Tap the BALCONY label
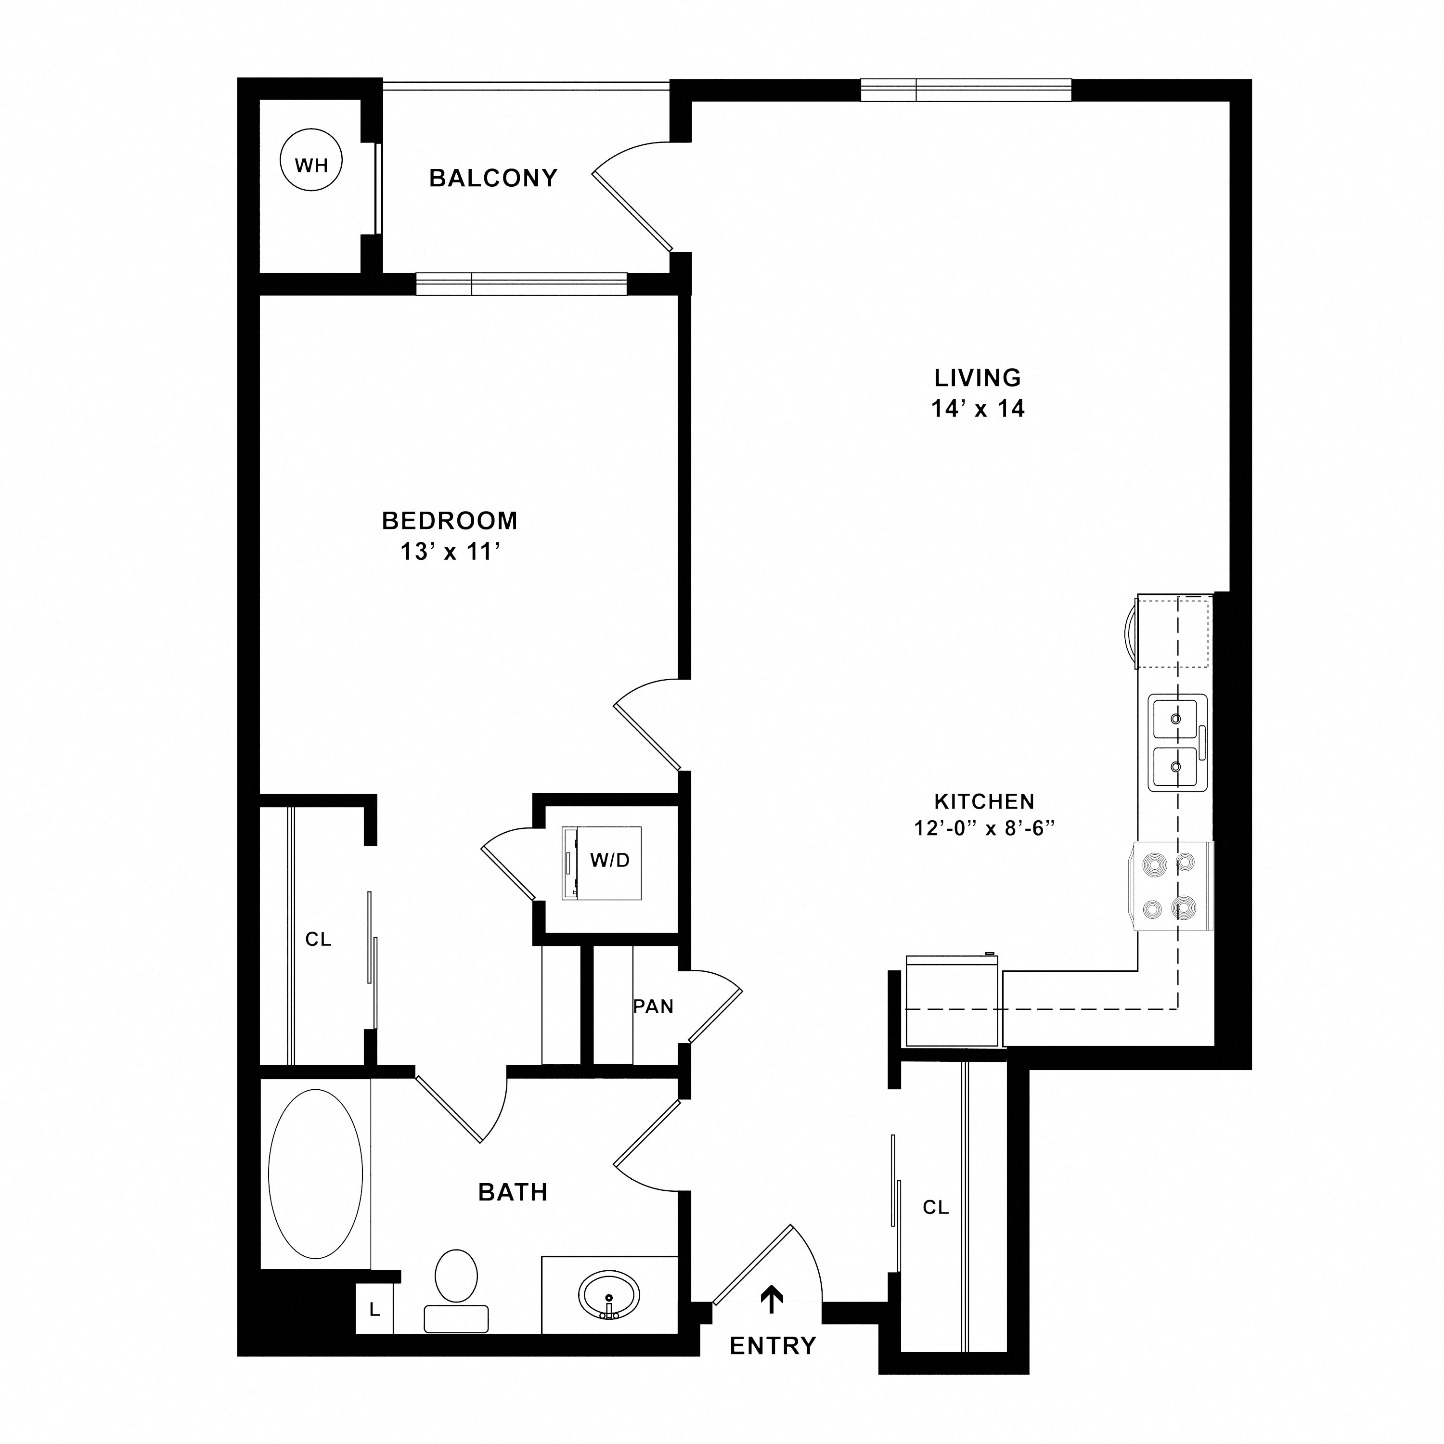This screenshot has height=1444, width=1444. click(493, 178)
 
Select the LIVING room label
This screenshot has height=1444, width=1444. click(978, 377)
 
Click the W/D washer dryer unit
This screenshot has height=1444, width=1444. click(603, 863)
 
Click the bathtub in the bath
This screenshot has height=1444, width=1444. click(315, 1175)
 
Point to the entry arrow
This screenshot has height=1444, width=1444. click(771, 1299)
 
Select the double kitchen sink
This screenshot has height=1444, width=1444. click(1178, 742)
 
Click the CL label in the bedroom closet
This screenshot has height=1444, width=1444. click(318, 940)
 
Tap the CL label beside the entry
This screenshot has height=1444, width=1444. click(935, 1207)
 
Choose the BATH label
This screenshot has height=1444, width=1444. click(513, 1192)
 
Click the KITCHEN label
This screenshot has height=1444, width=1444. click(984, 801)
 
